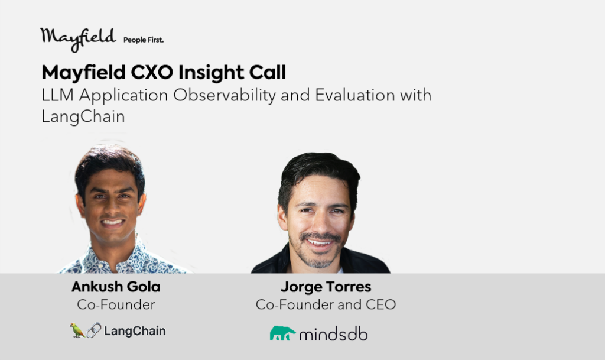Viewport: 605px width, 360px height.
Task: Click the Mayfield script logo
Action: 78,39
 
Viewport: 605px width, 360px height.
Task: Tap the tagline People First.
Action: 144,40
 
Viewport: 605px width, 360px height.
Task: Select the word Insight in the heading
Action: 211,73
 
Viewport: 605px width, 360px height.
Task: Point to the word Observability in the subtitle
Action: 225,95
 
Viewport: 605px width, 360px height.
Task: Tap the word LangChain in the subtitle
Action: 83,116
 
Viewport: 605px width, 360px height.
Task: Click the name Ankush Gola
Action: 116,287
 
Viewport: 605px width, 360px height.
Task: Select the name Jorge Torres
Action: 326,287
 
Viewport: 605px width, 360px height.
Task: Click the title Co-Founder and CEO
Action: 326,304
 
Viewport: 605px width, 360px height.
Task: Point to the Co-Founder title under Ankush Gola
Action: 116,304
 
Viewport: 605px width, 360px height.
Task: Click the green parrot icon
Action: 77,330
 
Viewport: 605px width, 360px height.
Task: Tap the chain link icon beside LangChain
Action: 94,330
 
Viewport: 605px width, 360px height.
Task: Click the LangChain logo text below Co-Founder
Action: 135,331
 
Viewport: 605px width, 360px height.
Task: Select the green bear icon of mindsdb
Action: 282,333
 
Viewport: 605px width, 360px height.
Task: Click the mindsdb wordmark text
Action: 333,334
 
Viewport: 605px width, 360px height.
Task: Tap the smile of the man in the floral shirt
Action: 112,222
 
